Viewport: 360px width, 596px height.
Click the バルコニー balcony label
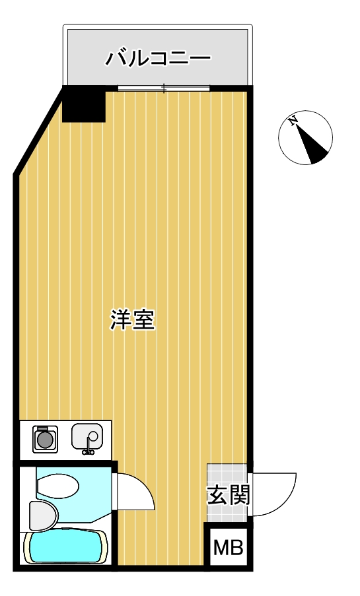pos(158,59)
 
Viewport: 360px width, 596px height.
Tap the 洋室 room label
pos(133,320)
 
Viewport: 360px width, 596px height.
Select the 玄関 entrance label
pos(229,495)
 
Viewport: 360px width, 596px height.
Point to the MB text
pos(228,548)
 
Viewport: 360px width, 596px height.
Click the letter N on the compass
pos(293,121)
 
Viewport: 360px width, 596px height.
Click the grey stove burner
pos(45,440)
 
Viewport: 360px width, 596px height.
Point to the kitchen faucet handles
pos(89,451)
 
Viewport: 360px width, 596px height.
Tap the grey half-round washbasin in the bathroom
pos(43,515)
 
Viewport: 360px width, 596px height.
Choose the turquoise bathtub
pos(65,548)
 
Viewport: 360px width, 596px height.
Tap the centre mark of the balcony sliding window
pos(164,88)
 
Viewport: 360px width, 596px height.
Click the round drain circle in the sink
pos(92,436)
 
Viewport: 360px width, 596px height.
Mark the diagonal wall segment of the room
pos(38,131)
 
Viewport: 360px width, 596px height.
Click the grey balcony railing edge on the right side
pos(251,55)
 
